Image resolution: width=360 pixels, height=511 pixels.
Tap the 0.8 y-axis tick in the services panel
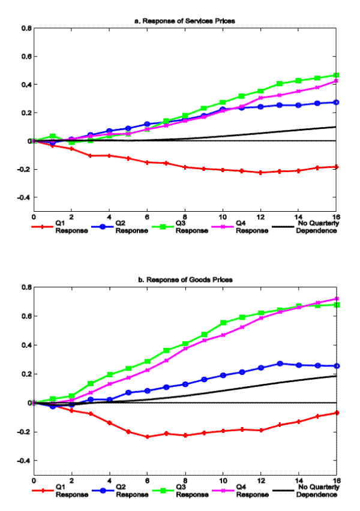(x=26, y=28)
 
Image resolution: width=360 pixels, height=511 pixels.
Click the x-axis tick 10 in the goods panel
(x=223, y=482)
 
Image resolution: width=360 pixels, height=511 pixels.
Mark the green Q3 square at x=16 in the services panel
(x=336, y=76)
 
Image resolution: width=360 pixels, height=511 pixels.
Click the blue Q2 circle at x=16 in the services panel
(x=336, y=103)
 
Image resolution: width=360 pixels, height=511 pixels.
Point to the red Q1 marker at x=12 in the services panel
(x=260, y=173)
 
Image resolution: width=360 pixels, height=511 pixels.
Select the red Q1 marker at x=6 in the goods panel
(x=147, y=437)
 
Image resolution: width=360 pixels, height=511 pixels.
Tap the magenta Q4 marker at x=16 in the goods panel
(x=336, y=299)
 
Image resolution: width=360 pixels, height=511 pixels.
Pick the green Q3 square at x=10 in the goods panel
(x=223, y=323)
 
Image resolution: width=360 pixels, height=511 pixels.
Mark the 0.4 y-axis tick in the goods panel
(x=26, y=345)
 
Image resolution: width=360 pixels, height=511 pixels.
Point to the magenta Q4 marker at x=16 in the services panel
(x=336, y=80)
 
